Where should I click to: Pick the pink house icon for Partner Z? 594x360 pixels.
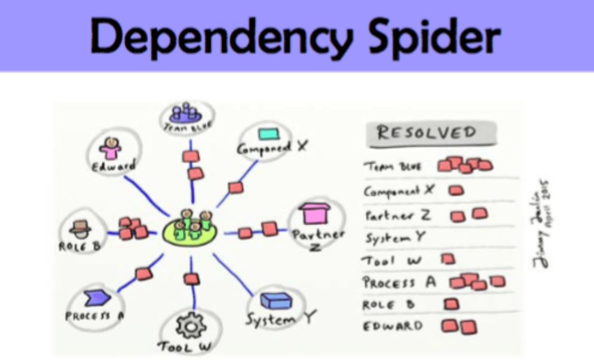coord(317,214)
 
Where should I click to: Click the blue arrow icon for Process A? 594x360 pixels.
coord(95,296)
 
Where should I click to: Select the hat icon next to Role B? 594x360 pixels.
coord(79,226)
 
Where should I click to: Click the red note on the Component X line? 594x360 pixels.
coord(235,188)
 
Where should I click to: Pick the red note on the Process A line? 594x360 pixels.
coord(144,273)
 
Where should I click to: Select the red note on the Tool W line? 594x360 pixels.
coord(191,278)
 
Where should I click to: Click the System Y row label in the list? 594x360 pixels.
coord(395,237)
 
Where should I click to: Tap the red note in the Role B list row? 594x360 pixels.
coord(452,305)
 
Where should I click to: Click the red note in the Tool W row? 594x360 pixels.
coord(448,260)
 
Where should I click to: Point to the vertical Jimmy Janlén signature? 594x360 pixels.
coord(545,222)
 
